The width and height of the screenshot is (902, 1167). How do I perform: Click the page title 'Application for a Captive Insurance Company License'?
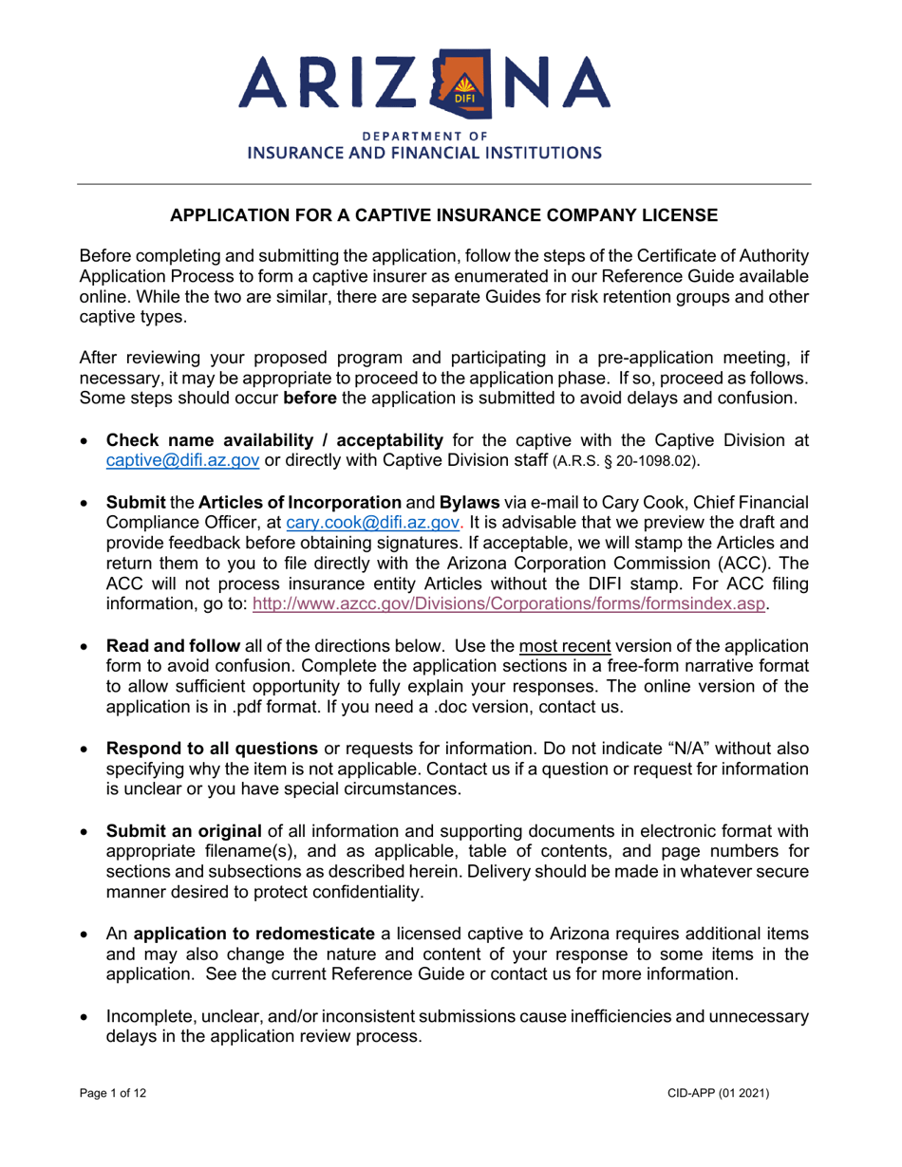(450, 215)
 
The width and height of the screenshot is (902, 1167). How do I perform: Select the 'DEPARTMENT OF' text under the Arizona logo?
(450, 134)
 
